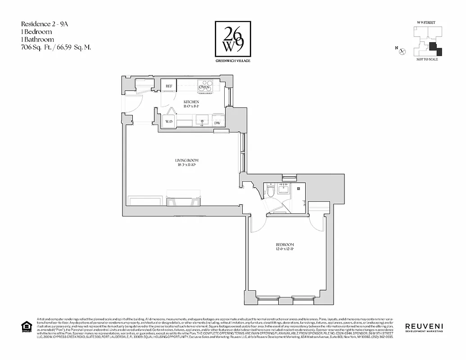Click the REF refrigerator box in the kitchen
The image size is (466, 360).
tap(169, 86)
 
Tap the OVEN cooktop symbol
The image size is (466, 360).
tap(206, 85)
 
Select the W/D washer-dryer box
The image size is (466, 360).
tap(169, 121)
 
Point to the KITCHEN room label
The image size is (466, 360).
tap(191, 102)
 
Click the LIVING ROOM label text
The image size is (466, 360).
tap(186, 160)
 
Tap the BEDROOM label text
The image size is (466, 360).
tap(285, 244)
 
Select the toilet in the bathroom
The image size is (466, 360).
tap(271, 191)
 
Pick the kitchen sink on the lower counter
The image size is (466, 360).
tap(201, 120)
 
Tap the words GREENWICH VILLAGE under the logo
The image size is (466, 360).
tap(232, 61)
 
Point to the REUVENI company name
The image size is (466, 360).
tap(424, 326)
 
